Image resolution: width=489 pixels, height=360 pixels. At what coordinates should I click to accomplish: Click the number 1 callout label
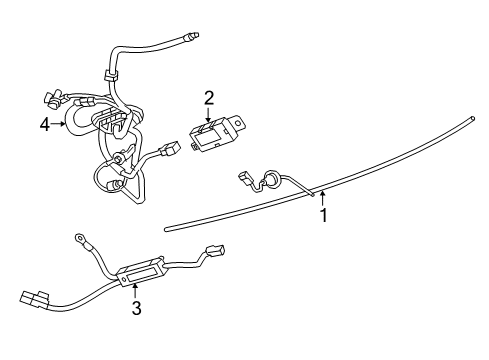(x=322, y=215)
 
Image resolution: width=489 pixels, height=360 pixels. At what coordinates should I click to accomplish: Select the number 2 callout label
(x=209, y=98)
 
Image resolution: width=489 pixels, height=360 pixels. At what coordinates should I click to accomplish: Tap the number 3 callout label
(x=136, y=309)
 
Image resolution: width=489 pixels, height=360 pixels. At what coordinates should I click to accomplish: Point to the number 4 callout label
(x=44, y=124)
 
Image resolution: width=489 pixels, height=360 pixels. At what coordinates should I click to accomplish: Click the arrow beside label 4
(x=60, y=124)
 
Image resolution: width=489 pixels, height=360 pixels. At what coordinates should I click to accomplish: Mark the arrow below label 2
(x=209, y=115)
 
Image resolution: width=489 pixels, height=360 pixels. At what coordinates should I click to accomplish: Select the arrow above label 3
(x=136, y=290)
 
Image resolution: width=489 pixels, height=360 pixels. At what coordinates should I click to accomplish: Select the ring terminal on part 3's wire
(x=79, y=237)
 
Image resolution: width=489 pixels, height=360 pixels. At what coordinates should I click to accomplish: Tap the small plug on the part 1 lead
(x=243, y=178)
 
